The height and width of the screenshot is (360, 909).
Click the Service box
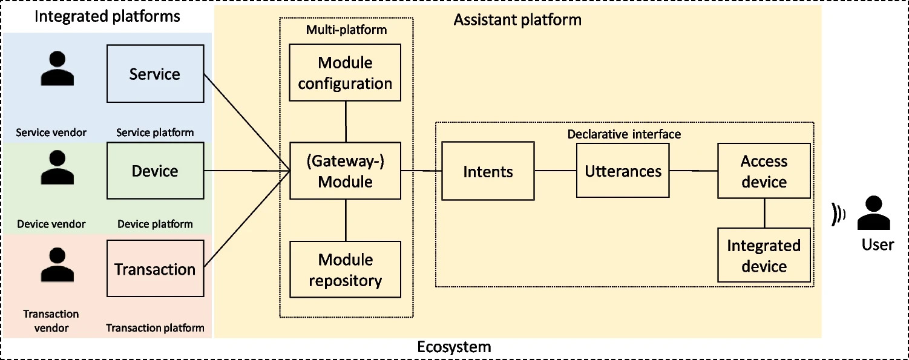click(156, 73)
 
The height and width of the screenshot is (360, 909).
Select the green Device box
click(156, 171)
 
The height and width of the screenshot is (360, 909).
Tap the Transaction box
click(156, 268)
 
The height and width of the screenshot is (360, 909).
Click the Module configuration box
click(345, 73)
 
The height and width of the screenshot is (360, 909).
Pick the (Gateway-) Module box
click(345, 171)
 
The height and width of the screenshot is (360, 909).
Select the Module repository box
click(345, 269)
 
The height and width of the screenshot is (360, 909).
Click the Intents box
click(488, 171)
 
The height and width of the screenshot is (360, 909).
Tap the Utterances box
click(623, 171)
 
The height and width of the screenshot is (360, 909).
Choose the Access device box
click(764, 171)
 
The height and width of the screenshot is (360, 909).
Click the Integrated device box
click(764, 255)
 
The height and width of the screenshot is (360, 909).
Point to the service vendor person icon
click(57, 68)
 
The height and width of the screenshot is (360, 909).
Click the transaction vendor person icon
click(57, 264)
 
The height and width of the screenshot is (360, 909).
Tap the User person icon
click(874, 213)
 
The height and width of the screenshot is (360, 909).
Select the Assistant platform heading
click(517, 19)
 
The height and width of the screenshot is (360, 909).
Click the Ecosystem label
click(454, 347)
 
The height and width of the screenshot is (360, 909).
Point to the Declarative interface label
click(624, 134)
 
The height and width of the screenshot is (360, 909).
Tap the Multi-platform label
click(346, 30)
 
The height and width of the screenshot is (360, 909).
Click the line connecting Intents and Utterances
click(556, 171)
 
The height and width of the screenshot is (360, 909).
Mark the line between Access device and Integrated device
click(764, 213)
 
